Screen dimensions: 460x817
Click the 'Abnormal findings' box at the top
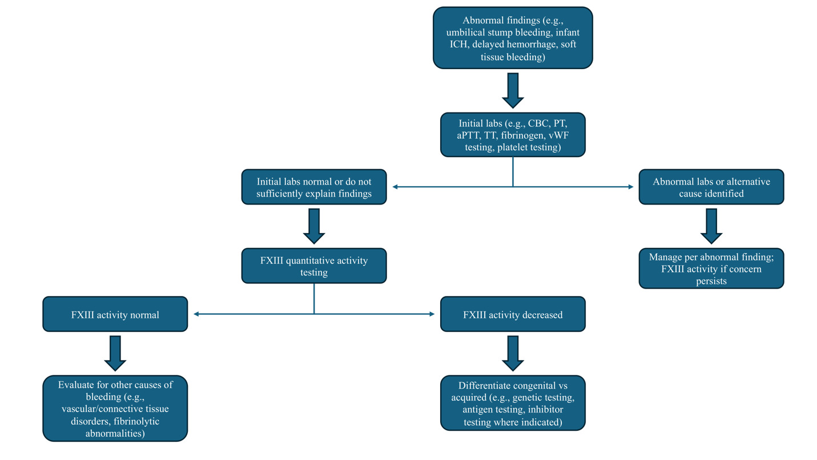point(512,38)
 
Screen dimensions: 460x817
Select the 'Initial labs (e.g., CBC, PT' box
point(512,134)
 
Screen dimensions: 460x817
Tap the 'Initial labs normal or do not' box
point(314,187)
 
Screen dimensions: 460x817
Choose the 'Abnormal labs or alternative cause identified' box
point(711,187)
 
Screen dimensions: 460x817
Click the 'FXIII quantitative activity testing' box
point(314,266)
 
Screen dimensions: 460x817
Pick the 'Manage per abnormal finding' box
point(711,268)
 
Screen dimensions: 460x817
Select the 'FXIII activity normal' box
point(115,314)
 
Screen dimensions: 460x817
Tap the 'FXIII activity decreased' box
point(512,314)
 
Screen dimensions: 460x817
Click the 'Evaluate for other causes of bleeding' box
point(115,408)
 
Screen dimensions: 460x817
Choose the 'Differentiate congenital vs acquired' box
point(512,402)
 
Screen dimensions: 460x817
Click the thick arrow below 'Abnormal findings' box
point(512,90)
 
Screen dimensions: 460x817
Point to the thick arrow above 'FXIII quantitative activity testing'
point(314,226)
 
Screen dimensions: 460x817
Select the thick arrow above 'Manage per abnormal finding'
point(711,226)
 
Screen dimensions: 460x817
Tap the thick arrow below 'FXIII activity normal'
point(115,353)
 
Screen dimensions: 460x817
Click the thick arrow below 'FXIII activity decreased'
point(512,353)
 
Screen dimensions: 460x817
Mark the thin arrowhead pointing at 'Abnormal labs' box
point(631,187)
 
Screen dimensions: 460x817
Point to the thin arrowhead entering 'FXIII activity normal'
point(196,314)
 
